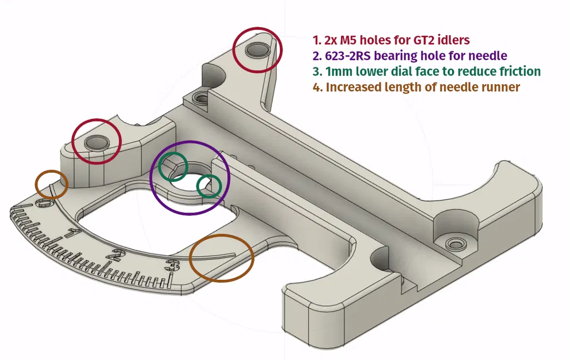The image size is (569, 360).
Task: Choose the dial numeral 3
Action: tap(170, 265)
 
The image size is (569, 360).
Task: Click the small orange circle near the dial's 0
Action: tap(51, 184)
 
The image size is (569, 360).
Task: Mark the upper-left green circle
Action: tap(173, 166)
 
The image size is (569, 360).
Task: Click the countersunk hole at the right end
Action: tap(457, 242)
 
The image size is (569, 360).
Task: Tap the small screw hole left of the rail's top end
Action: tap(200, 97)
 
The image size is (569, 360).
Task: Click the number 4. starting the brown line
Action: tap(317, 87)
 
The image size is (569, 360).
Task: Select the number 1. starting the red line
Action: tap(316, 40)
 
